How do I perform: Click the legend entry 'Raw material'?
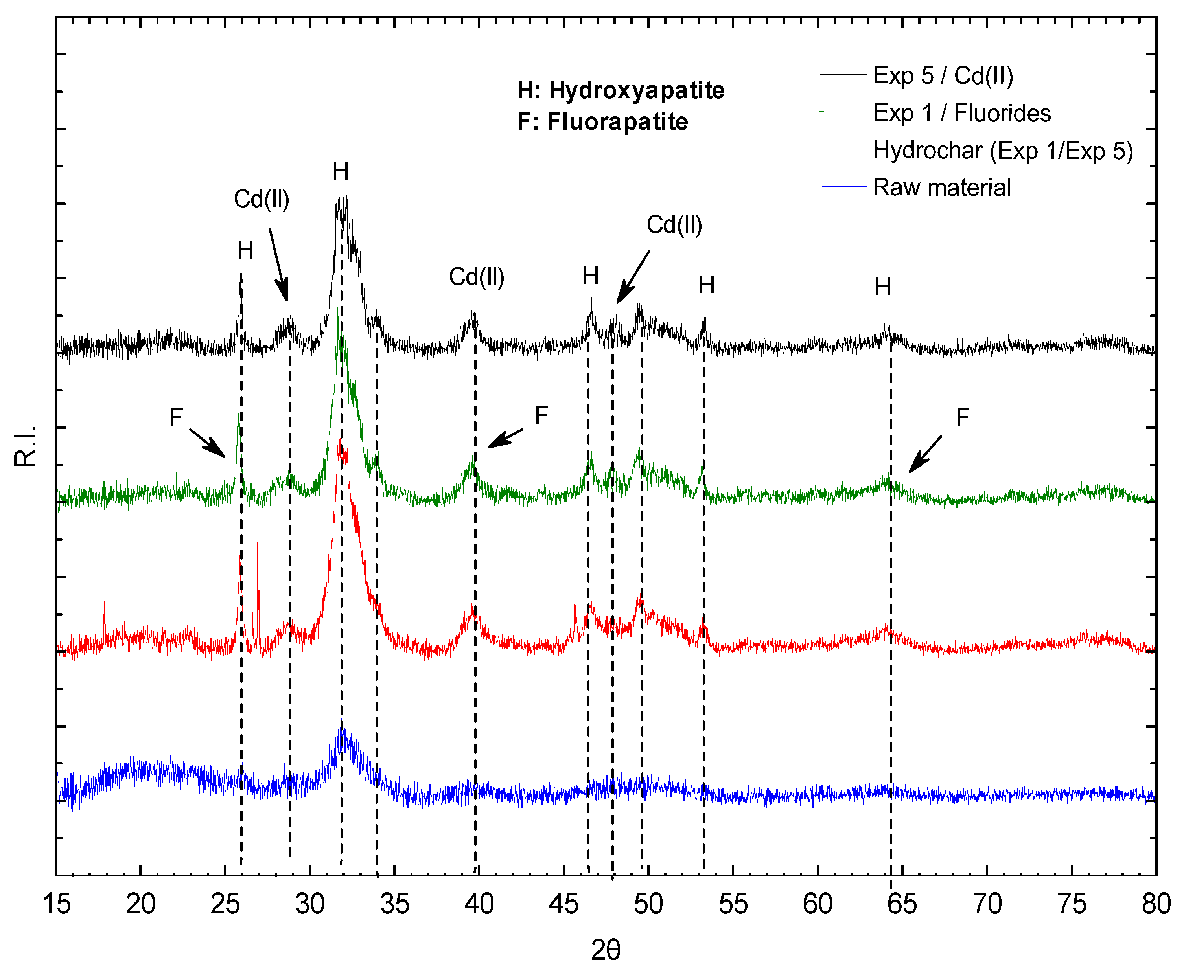(x=941, y=187)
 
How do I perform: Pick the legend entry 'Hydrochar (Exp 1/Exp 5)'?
(x=1003, y=151)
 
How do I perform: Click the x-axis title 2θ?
(x=606, y=950)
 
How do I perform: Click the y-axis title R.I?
(x=25, y=446)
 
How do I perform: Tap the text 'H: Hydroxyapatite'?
(x=621, y=90)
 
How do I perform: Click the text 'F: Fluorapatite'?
(x=603, y=121)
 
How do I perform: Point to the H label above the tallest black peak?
(x=341, y=171)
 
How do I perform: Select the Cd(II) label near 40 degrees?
(x=477, y=277)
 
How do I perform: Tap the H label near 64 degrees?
(x=883, y=287)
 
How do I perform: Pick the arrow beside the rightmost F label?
(x=925, y=454)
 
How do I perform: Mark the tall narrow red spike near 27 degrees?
(x=258, y=566)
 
